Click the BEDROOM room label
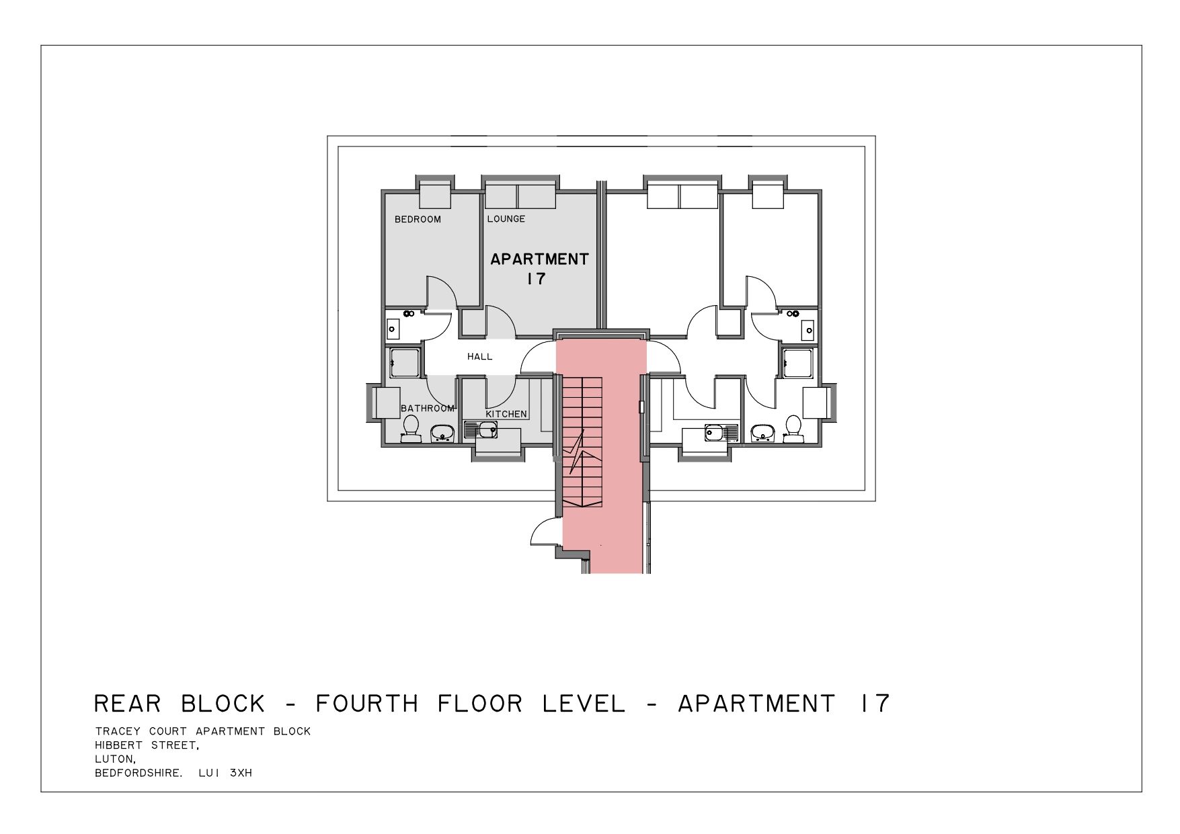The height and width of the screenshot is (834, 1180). [x=418, y=219]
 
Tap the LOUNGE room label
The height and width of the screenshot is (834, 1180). [x=506, y=218]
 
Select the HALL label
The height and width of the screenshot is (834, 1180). [x=480, y=356]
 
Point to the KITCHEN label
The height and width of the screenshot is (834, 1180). [x=506, y=414]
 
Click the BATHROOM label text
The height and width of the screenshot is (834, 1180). [x=428, y=408]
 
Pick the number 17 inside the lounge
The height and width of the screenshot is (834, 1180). [x=536, y=278]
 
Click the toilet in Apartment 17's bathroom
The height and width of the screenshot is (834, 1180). [x=410, y=429]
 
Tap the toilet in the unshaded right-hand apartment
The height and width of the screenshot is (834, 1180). [x=793, y=429]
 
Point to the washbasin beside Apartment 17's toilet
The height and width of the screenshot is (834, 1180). [x=442, y=433]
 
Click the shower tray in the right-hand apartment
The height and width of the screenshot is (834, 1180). [x=799, y=363]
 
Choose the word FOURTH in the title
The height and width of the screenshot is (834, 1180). [x=367, y=704]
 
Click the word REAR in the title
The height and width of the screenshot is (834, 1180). [x=127, y=704]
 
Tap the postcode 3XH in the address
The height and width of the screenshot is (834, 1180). [x=241, y=773]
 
